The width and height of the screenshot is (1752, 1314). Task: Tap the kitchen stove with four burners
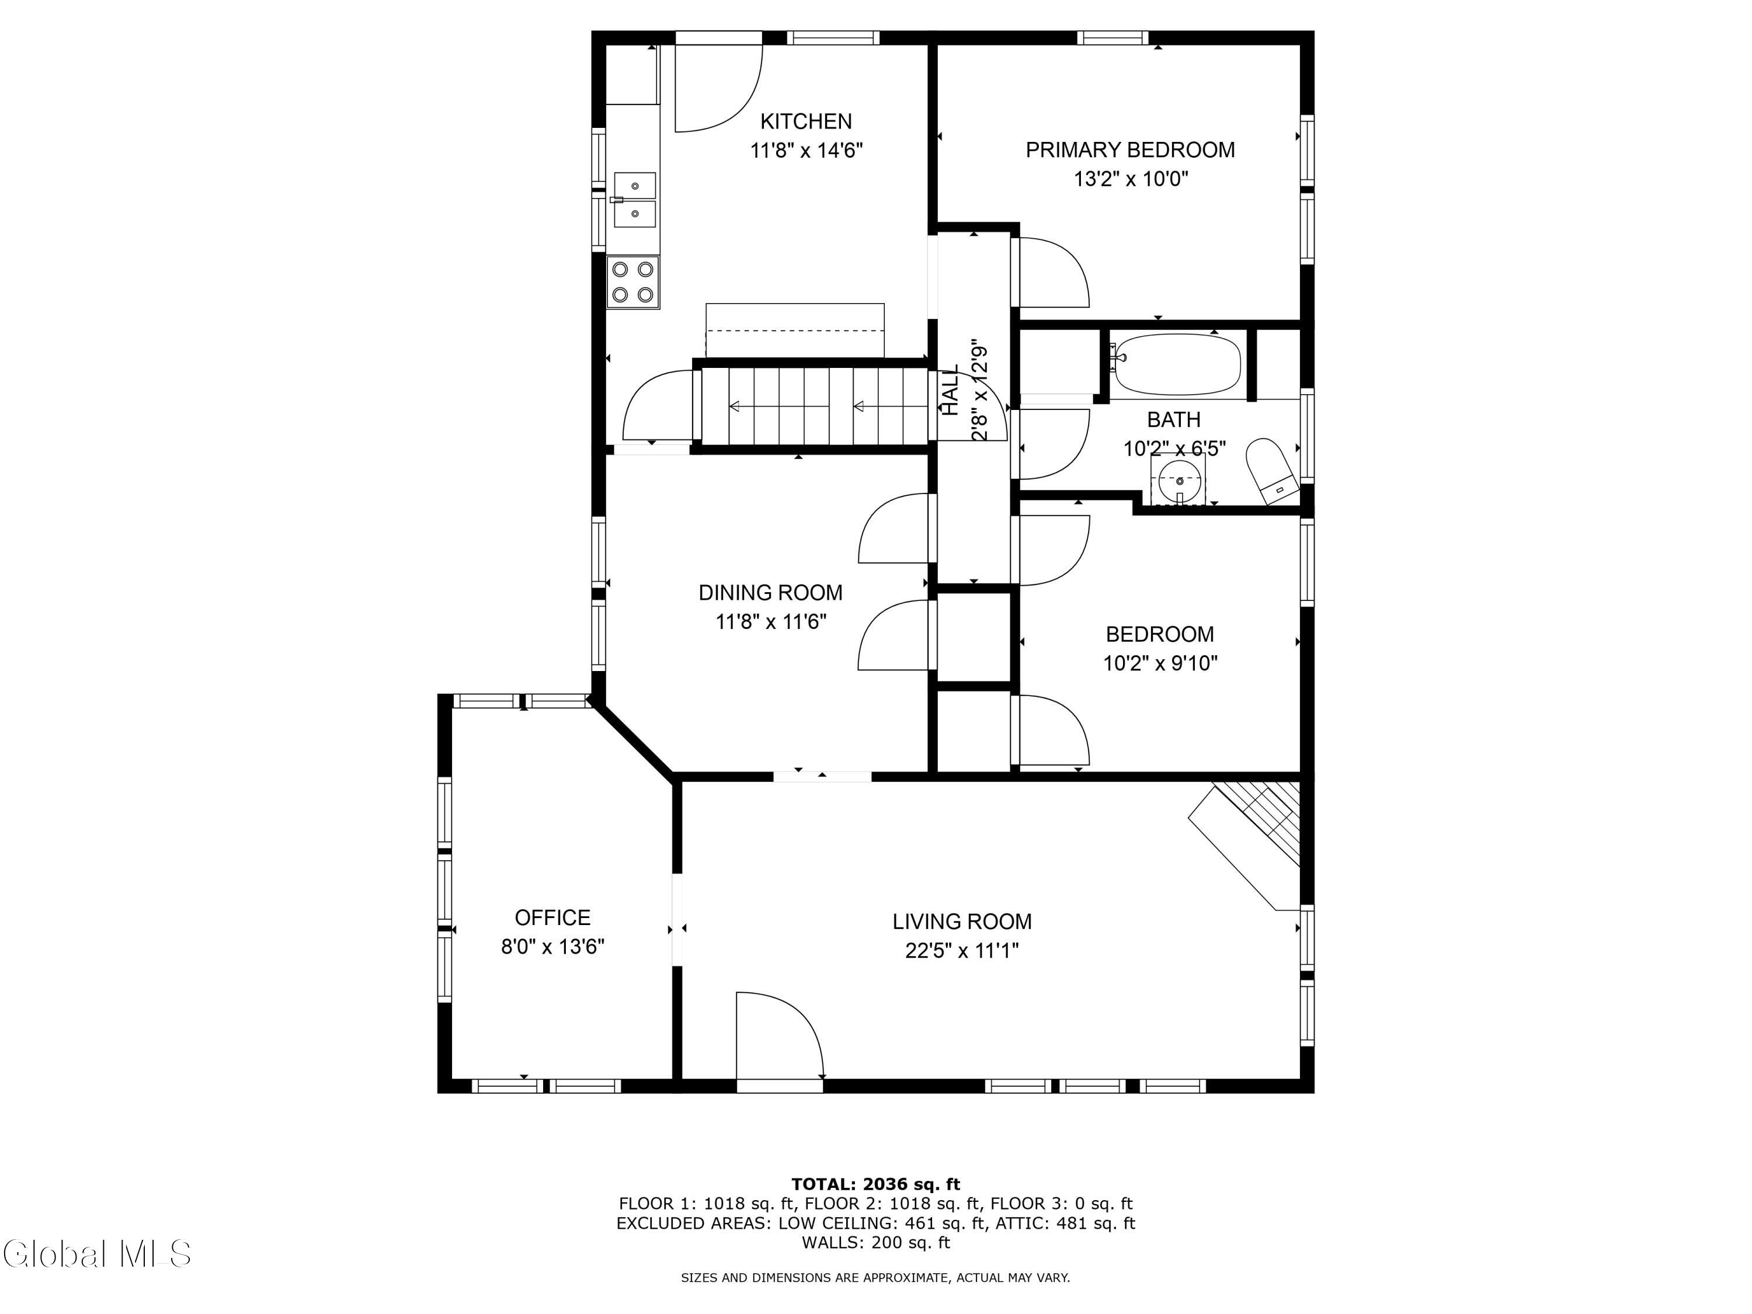[633, 282]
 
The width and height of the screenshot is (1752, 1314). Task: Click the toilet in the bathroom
[1272, 471]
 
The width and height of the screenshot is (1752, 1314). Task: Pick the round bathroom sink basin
[1179, 481]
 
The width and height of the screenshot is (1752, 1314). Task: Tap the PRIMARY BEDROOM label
[1130, 150]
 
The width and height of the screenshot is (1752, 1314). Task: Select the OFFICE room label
[553, 917]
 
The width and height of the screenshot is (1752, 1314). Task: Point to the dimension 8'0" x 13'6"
[553, 947]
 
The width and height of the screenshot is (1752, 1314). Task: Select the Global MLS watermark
[96, 1253]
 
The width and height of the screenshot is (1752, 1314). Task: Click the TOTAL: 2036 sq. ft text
[875, 1184]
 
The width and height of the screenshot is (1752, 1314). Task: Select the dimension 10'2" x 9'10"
[1160, 663]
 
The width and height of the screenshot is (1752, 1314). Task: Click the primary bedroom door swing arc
[1065, 262]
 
